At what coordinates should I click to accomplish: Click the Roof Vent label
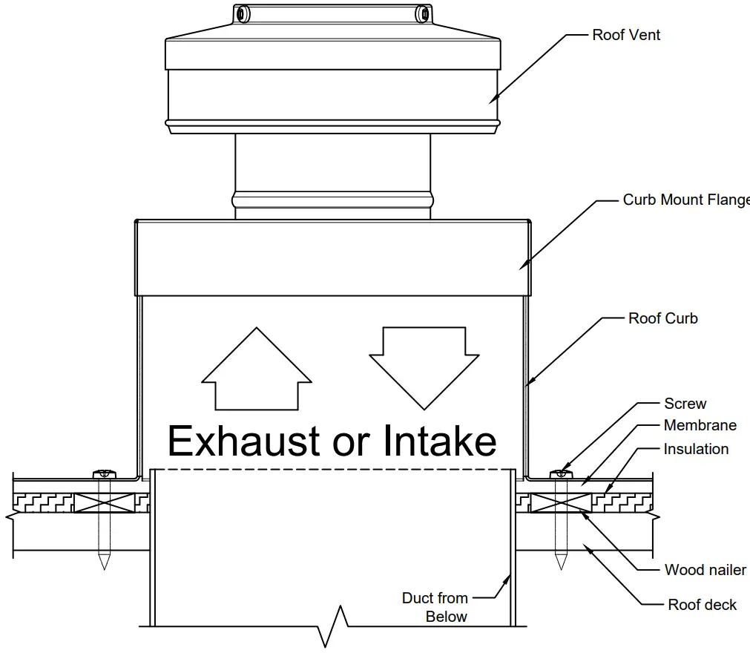point(625,35)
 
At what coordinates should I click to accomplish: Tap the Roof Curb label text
point(662,318)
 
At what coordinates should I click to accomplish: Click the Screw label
point(685,404)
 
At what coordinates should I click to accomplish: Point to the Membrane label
point(700,425)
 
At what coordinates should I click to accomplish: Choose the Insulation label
point(696,449)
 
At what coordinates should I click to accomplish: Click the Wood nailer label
point(705,570)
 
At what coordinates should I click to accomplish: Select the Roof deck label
point(702,605)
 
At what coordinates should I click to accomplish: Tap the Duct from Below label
point(435,607)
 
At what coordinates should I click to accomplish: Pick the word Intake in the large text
point(439,441)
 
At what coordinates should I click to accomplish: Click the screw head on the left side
point(103,473)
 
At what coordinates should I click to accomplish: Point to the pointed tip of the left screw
point(103,565)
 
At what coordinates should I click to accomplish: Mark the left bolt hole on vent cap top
point(241,13)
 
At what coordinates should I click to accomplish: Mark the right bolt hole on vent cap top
point(424,13)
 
